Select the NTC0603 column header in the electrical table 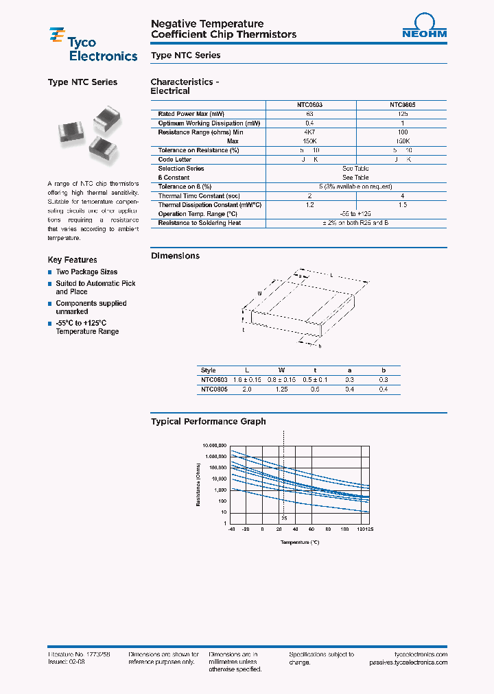click(x=310, y=105)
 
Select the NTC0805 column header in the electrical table click(x=402, y=105)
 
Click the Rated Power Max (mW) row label click(x=191, y=114)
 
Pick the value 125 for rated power click(x=402, y=114)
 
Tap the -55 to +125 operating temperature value click(x=355, y=214)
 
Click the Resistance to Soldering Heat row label click(x=200, y=223)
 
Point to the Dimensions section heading click(x=175, y=256)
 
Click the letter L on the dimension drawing click(x=332, y=274)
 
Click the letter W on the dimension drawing click(x=260, y=293)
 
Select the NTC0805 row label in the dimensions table click(x=213, y=389)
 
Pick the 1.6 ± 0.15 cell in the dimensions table click(x=248, y=379)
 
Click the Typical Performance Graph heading click(x=208, y=422)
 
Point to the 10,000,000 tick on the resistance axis click(x=215, y=445)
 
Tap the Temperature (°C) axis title click(x=300, y=542)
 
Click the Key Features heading click(x=72, y=260)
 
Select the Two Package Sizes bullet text click(x=86, y=272)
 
